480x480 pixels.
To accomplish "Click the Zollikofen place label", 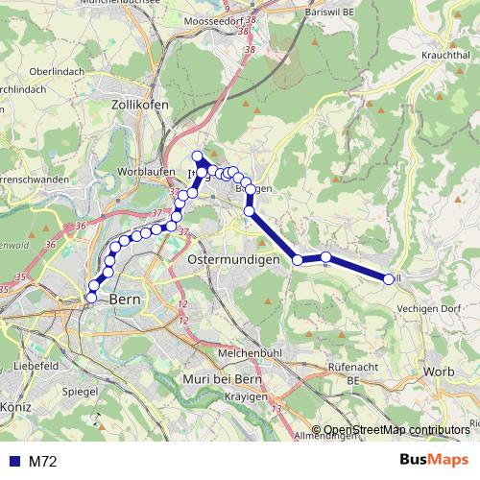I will point(140,103).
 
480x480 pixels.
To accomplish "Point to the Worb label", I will point(436,372).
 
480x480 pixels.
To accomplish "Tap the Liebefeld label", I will point(38,367).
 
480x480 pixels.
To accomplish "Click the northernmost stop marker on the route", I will point(198,156).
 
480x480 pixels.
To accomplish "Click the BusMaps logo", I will point(433,461).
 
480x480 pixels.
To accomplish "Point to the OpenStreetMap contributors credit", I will point(397,430).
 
